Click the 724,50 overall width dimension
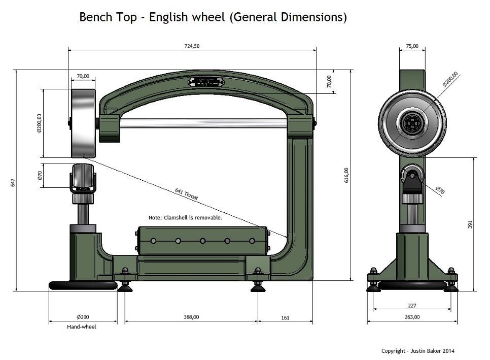tap(192, 46)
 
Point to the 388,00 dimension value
tap(191, 317)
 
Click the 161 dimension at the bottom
tap(285, 317)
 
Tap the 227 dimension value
tap(412, 305)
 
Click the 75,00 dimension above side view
tap(412, 46)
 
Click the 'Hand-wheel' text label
tap(82, 326)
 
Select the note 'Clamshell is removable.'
tap(185, 217)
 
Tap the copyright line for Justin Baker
tap(418, 351)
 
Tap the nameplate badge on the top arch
tap(206, 82)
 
